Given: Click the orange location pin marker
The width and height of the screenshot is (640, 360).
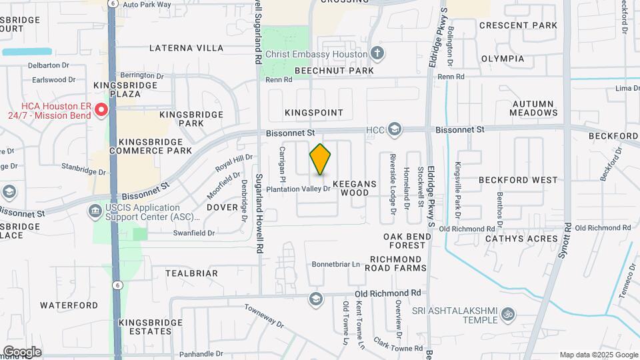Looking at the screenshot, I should pyautogui.click(x=321, y=159).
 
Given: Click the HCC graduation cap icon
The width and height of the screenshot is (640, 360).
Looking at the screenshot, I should pyautogui.click(x=395, y=129).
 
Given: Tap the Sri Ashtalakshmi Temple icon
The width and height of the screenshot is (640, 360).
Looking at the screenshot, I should pyautogui.click(x=508, y=313).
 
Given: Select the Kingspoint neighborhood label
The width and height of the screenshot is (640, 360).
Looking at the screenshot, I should pyautogui.click(x=313, y=113).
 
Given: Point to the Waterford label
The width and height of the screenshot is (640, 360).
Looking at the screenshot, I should pyautogui.click(x=69, y=305).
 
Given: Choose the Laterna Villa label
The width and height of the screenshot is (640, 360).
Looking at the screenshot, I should pyautogui.click(x=186, y=48).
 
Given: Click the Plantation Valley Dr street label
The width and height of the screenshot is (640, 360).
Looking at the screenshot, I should pyautogui.click(x=299, y=189).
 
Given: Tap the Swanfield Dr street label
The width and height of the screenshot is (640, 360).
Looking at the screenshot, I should pyautogui.click(x=194, y=233).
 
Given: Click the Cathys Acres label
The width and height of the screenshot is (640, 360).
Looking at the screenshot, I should pyautogui.click(x=521, y=239).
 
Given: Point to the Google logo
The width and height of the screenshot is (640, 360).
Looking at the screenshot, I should pyautogui.click(x=22, y=352).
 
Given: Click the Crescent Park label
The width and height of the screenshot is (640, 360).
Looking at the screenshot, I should pyautogui.click(x=518, y=25).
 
